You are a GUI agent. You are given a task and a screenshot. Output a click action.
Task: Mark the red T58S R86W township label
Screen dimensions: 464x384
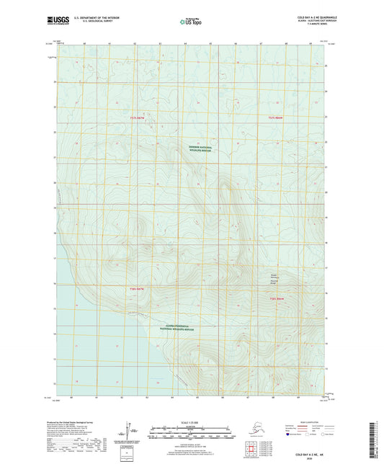pyautogui.click(x=277, y=298)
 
